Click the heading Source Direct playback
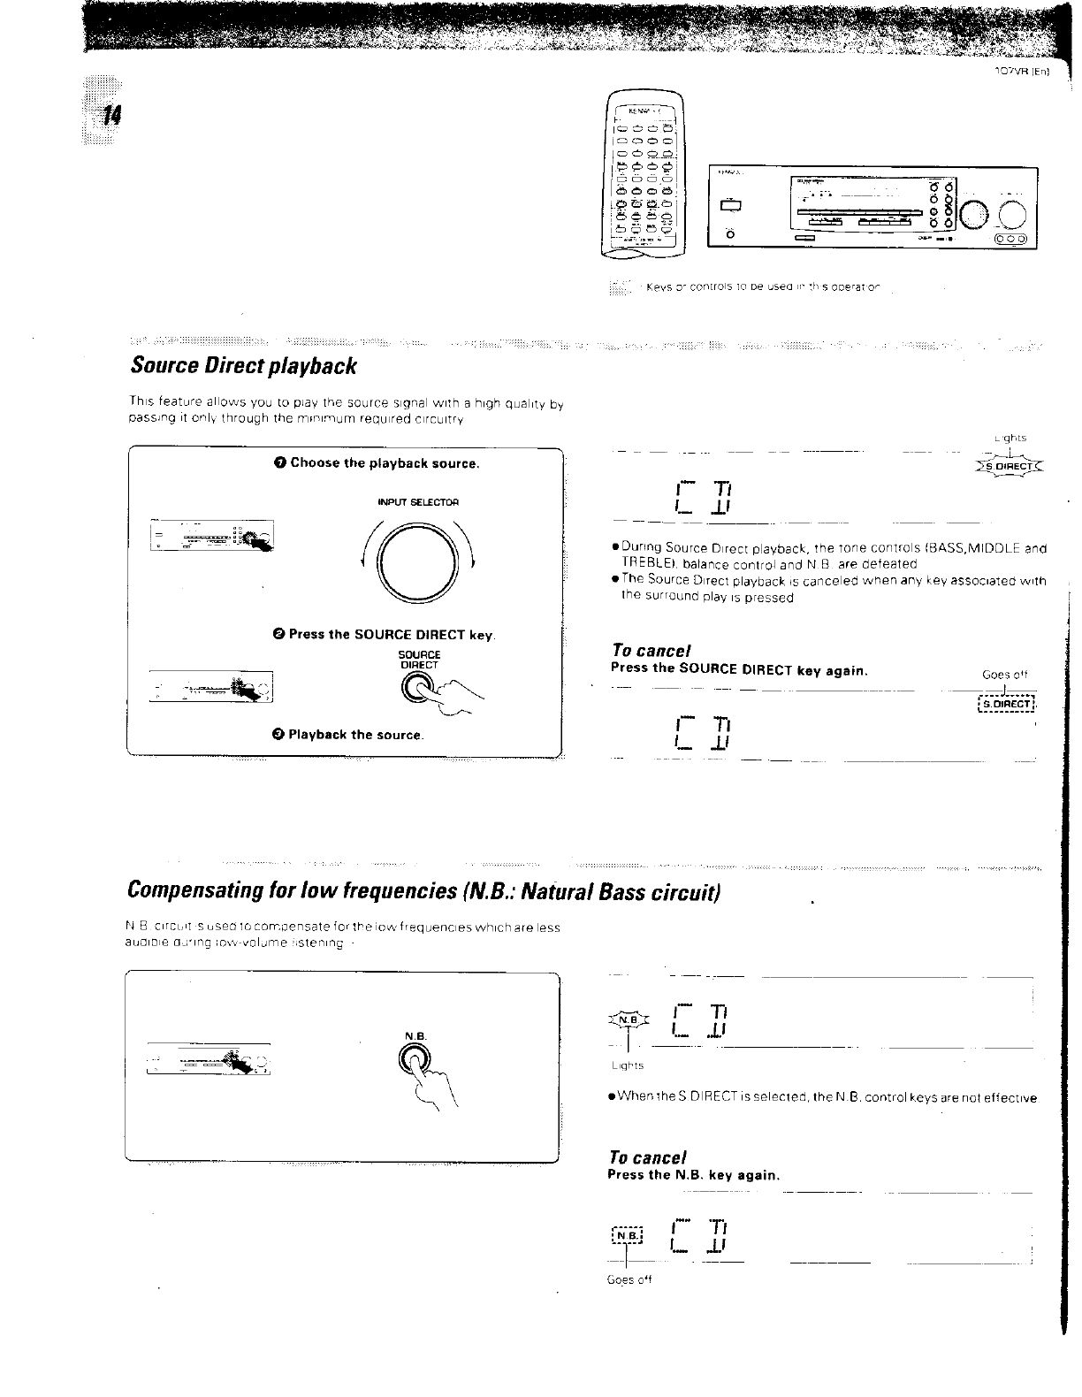(243, 365)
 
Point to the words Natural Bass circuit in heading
(621, 889)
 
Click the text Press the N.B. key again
(693, 1175)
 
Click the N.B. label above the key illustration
(415, 1035)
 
